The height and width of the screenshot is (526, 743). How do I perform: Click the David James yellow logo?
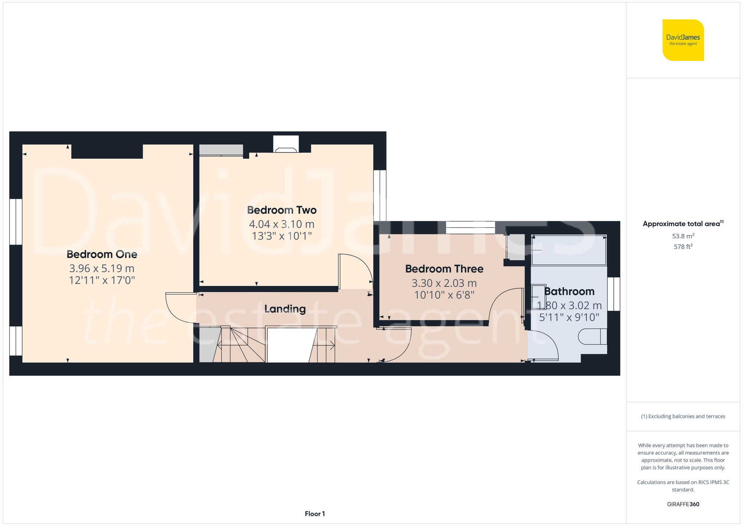(683, 40)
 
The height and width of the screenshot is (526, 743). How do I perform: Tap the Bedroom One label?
(102, 254)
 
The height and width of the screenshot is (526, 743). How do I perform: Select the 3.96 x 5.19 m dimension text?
(102, 268)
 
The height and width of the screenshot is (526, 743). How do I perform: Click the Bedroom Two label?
(282, 210)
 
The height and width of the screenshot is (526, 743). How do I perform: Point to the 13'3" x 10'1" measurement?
(282, 236)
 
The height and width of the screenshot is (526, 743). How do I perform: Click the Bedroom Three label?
(444, 269)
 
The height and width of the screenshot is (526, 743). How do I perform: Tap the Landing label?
(285, 309)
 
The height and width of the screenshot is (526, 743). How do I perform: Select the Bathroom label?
(569, 291)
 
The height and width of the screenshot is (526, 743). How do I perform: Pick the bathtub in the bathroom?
(568, 250)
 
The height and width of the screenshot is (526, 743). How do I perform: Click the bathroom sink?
(536, 297)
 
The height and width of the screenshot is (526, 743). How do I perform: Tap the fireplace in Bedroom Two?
(286, 149)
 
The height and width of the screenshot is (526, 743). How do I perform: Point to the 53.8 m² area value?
(683, 236)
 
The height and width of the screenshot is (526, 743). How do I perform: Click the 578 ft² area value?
(683, 246)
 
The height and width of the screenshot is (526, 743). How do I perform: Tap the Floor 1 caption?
(315, 514)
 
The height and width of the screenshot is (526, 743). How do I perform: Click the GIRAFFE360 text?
(683, 504)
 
